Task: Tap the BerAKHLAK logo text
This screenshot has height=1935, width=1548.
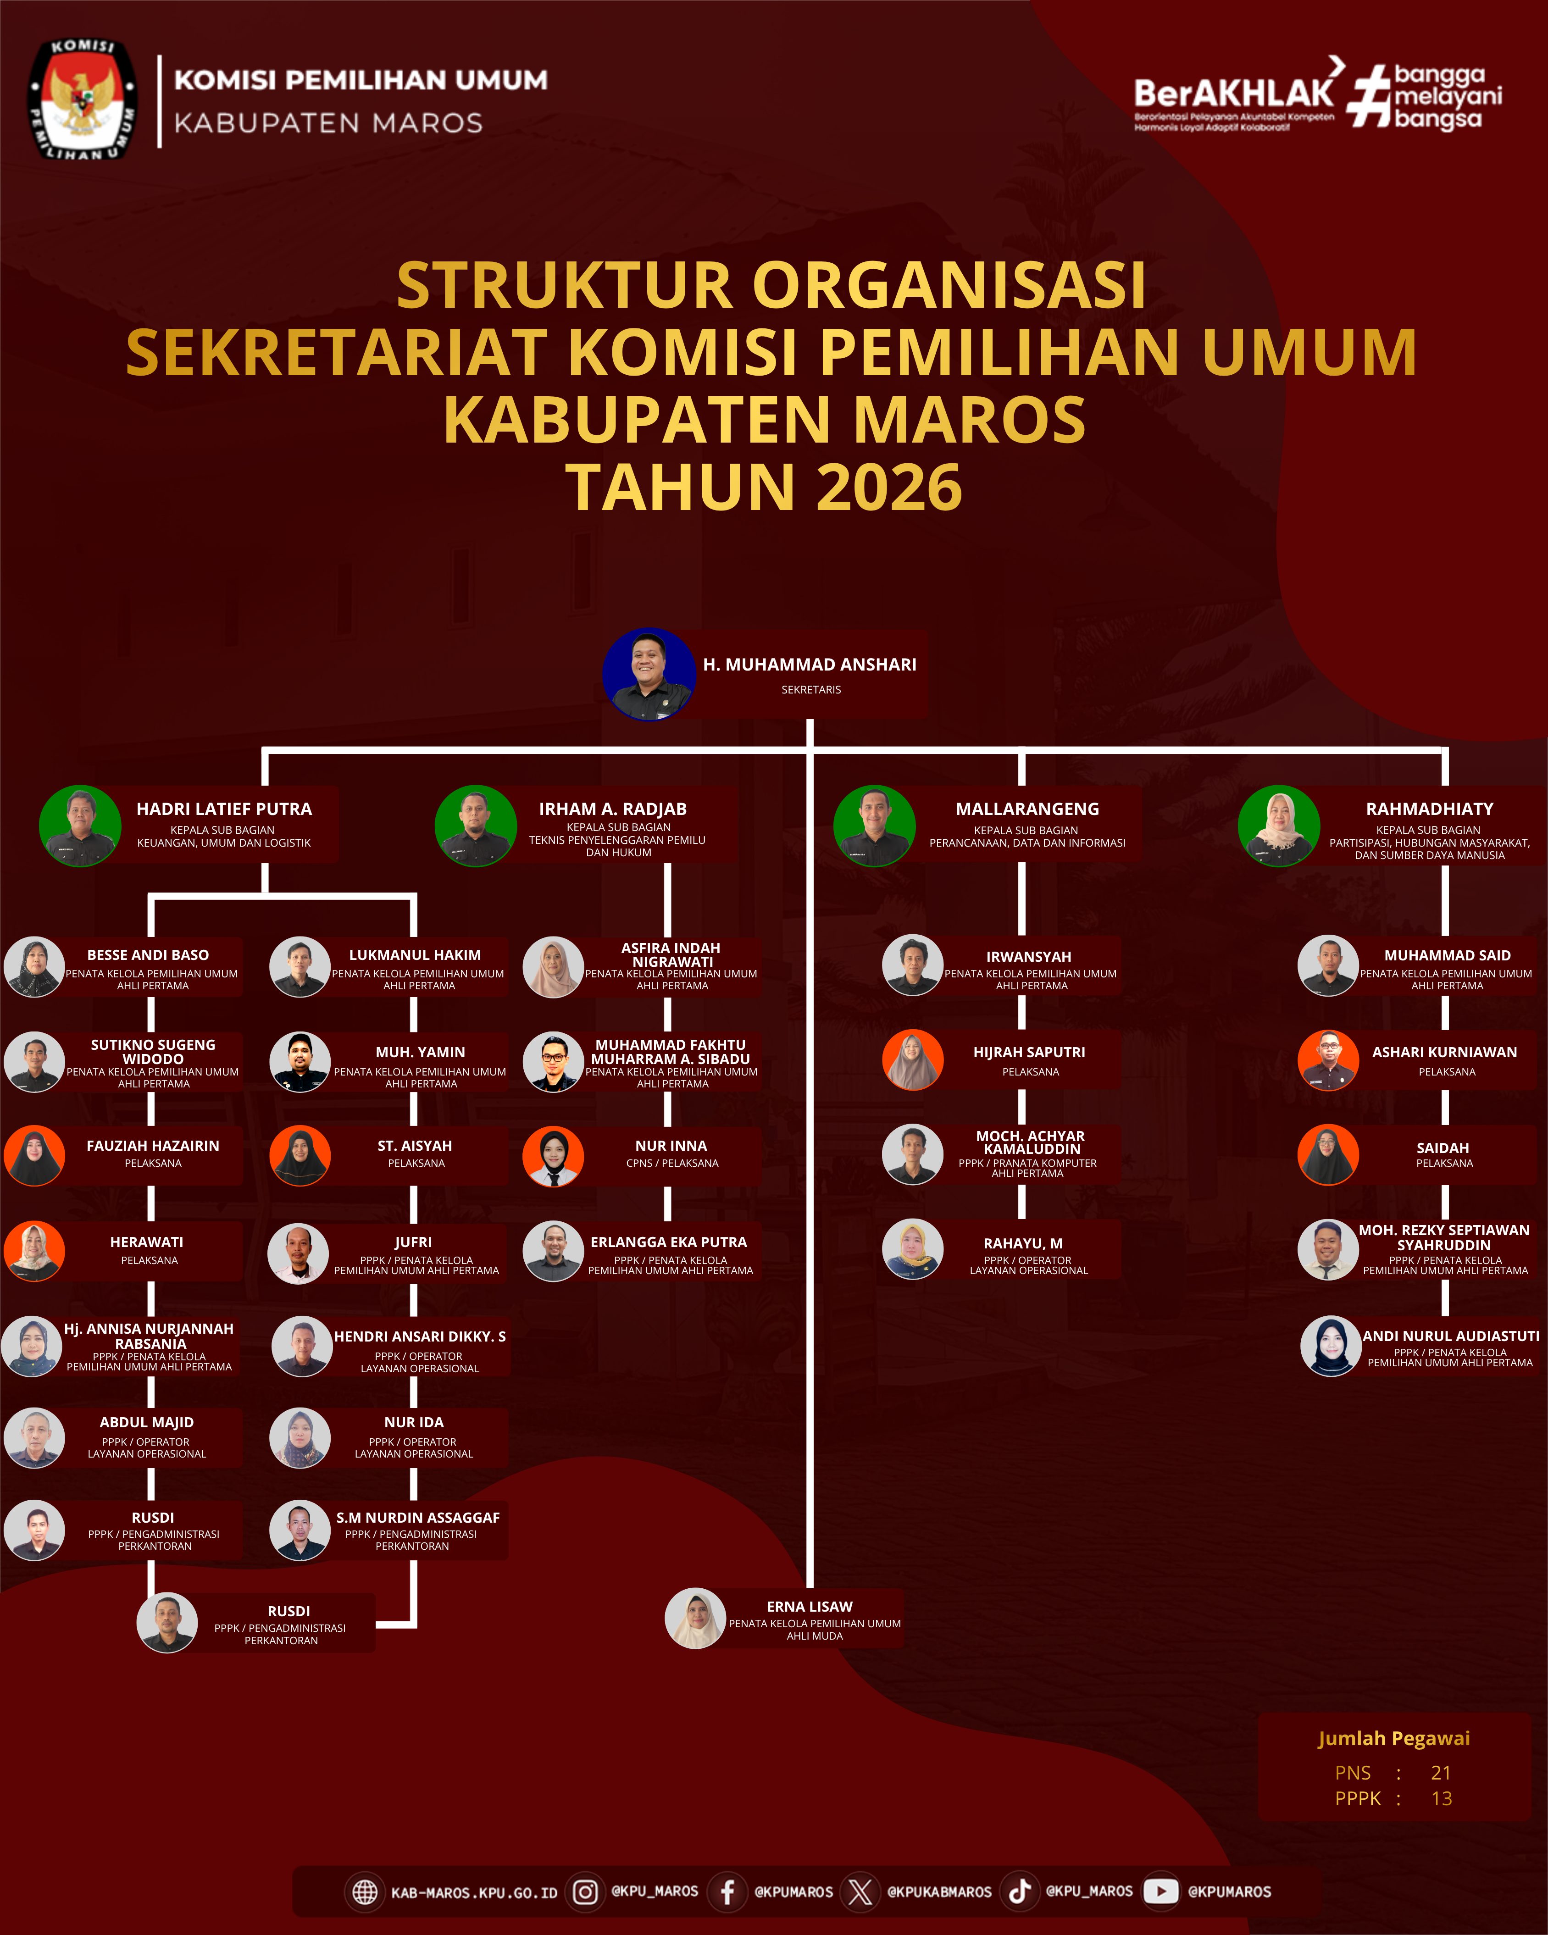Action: tap(1234, 93)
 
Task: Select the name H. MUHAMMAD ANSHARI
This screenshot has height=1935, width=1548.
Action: tap(810, 664)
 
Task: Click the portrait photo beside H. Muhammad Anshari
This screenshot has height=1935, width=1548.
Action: tap(649, 674)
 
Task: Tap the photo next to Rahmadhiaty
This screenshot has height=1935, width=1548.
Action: tap(1279, 826)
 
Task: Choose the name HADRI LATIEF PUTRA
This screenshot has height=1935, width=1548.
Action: tap(224, 809)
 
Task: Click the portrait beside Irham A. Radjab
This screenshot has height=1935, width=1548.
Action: tap(476, 826)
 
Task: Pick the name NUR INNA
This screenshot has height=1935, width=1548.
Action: tap(671, 1146)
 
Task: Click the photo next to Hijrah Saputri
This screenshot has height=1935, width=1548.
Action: tap(913, 1060)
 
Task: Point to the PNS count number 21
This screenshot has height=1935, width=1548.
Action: tap(1440, 1773)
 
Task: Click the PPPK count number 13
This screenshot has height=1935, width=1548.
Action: tap(1441, 1799)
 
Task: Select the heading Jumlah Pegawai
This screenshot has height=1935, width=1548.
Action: tap(1393, 1738)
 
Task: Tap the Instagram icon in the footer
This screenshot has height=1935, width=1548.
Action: tap(585, 1892)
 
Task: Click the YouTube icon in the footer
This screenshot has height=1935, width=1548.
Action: tap(1160, 1891)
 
